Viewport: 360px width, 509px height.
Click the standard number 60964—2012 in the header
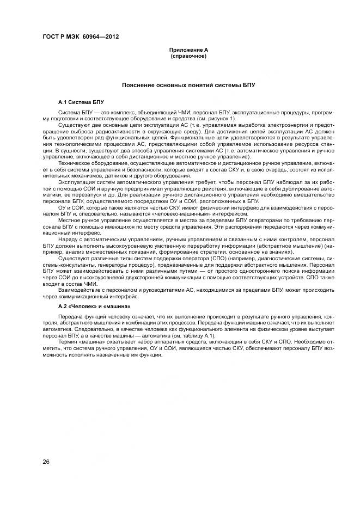[102, 37]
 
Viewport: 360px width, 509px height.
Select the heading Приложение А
[188, 50]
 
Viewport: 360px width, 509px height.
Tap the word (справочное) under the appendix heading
[188, 56]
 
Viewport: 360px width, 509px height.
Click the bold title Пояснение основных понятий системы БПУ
[188, 85]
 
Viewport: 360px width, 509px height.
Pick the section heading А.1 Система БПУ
[81, 102]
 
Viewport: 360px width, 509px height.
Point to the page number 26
[46, 462]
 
